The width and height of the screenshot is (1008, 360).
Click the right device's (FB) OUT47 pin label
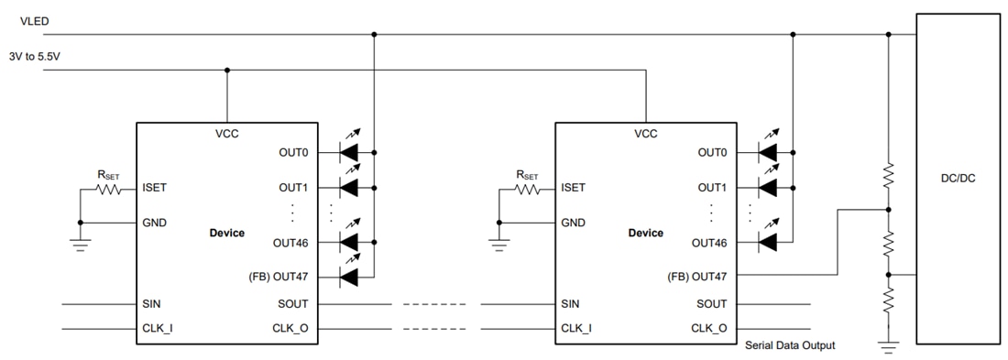(x=696, y=274)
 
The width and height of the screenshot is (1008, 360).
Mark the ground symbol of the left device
(x=80, y=242)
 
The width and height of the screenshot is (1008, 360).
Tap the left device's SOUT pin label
(x=292, y=304)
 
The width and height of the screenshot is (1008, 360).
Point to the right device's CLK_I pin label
(x=575, y=328)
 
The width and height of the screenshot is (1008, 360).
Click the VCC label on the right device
(x=646, y=134)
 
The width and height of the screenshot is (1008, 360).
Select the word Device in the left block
(x=226, y=233)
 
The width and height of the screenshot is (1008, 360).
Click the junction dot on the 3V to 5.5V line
(x=227, y=70)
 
